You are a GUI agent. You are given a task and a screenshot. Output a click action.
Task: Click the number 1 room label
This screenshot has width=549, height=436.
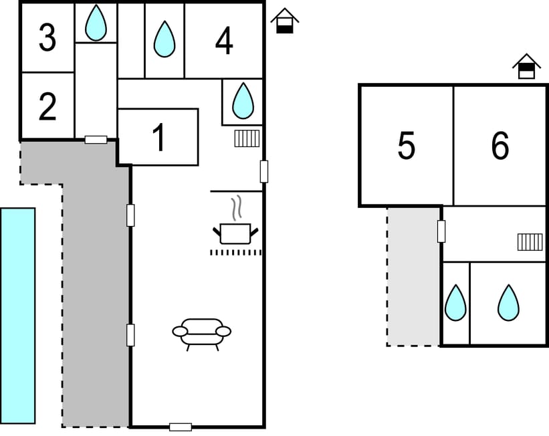point(158,138)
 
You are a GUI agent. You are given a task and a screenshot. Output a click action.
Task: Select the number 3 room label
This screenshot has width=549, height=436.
point(47,38)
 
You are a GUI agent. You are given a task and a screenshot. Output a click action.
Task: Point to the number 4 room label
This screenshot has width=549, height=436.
point(224,41)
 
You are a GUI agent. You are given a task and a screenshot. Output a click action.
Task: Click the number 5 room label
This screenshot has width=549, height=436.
point(406,146)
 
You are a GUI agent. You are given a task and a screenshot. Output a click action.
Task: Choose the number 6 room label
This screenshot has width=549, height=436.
point(500,146)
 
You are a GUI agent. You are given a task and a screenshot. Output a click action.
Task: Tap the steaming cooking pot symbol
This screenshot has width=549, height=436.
point(235,229)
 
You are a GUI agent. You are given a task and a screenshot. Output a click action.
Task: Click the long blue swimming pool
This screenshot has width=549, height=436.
point(17,315)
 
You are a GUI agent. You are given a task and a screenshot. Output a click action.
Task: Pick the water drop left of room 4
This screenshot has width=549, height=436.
point(164,39)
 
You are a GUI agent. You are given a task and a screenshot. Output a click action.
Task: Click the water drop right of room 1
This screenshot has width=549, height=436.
point(243,100)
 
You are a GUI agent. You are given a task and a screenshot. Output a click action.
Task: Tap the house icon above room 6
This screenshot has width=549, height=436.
point(526,66)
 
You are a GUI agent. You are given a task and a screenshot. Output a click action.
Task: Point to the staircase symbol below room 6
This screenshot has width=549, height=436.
point(530,241)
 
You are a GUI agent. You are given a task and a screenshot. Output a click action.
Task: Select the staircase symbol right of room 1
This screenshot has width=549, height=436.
point(247,138)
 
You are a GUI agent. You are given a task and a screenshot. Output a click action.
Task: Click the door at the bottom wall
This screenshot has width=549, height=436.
point(180,427)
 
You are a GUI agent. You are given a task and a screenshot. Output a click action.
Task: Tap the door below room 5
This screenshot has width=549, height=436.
point(441,231)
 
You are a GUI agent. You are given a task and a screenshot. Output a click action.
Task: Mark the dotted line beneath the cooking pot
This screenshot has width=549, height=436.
point(235,252)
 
